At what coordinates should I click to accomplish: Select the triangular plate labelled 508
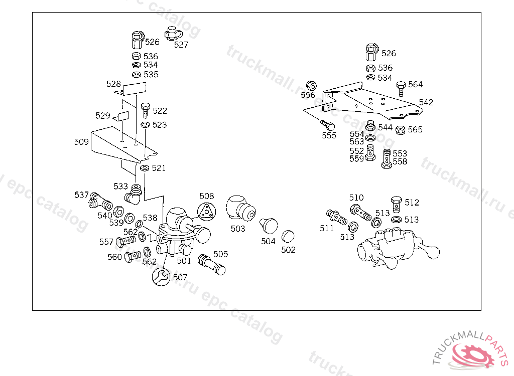(x=206, y=211)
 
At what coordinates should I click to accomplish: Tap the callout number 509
(x=81, y=142)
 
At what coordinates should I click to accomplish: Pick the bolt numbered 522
(x=146, y=110)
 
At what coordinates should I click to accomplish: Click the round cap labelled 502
(x=288, y=236)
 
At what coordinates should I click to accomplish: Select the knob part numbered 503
(x=239, y=208)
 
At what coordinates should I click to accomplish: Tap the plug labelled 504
(x=269, y=226)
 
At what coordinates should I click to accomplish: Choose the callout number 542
(x=426, y=102)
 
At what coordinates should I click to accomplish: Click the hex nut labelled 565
(x=401, y=130)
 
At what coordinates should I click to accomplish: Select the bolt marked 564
(x=401, y=88)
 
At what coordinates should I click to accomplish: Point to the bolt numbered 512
(x=396, y=203)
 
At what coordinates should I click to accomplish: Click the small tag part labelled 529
(x=121, y=117)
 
